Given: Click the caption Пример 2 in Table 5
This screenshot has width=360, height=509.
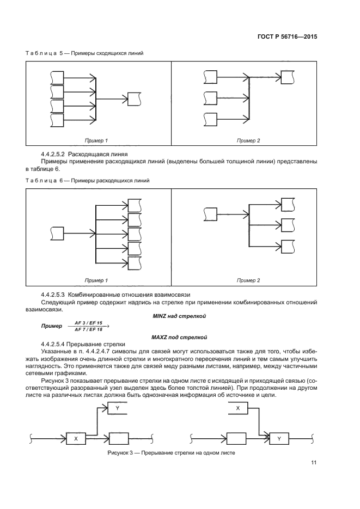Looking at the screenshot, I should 248,141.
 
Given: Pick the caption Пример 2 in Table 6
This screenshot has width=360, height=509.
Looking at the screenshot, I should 248,280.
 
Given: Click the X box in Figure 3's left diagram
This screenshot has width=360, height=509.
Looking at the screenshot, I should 76,437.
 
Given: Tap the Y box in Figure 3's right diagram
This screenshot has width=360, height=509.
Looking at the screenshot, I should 279,437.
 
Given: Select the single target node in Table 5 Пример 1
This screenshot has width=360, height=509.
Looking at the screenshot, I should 134,99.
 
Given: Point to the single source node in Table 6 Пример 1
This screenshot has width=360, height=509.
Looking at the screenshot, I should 57,234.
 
